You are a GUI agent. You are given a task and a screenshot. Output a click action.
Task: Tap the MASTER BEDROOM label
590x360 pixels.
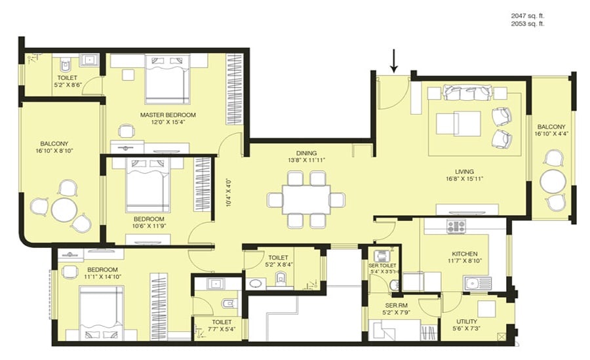tap(168, 115)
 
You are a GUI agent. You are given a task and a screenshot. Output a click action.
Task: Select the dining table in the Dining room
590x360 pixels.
tap(306, 199)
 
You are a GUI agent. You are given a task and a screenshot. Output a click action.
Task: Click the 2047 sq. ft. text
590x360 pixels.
tap(528, 15)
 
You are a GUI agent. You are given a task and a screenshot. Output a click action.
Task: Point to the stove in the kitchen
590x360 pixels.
tap(456, 226)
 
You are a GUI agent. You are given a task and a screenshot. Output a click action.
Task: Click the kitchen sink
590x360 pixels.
tap(477, 283)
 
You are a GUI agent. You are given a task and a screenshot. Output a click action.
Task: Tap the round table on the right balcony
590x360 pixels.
tap(553, 181)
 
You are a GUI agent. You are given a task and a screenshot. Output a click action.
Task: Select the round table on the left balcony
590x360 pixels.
tap(64, 210)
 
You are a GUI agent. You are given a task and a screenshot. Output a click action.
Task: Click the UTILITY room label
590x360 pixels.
tap(467, 321)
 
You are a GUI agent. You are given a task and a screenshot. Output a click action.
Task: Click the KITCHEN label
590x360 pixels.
tap(464, 254)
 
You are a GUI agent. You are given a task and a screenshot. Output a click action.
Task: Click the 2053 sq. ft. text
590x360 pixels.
tap(528, 24)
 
